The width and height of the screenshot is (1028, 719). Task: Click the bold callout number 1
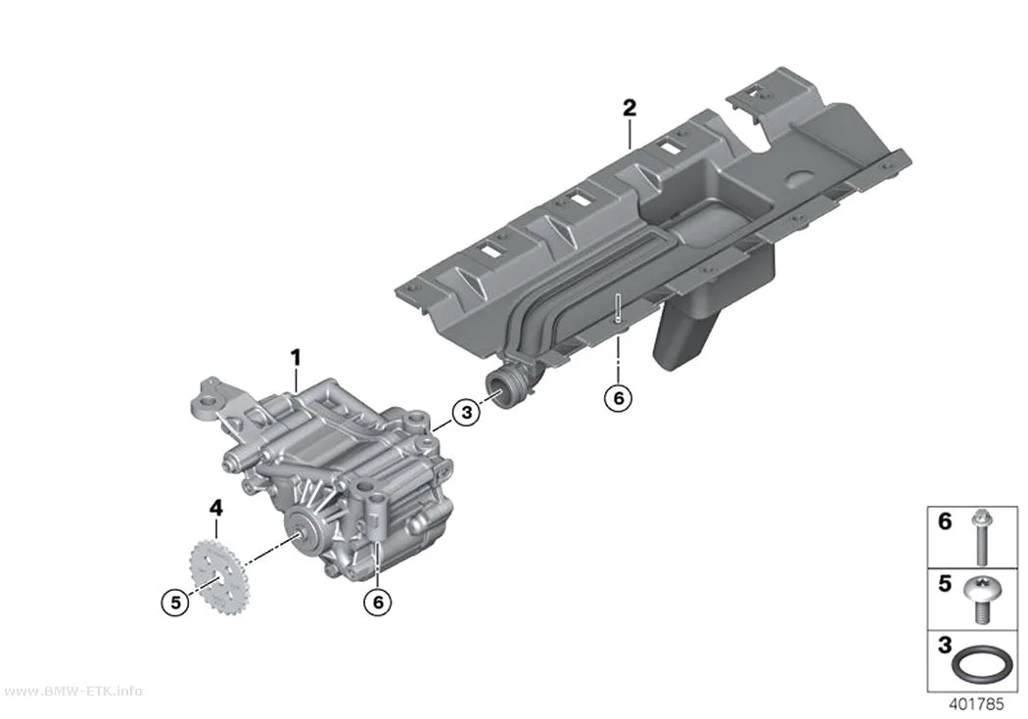pyautogui.click(x=296, y=357)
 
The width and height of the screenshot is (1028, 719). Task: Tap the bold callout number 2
pyautogui.click(x=630, y=108)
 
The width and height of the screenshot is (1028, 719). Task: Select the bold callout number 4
pyautogui.click(x=215, y=508)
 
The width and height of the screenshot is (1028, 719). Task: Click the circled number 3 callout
pyautogui.click(x=466, y=413)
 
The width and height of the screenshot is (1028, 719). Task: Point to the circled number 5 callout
pyautogui.click(x=175, y=602)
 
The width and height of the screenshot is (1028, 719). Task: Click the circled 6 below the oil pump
pyautogui.click(x=378, y=602)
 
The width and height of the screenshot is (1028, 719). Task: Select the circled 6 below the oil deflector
pyautogui.click(x=618, y=397)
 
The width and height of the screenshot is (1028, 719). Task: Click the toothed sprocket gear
pyautogui.click(x=217, y=575)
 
